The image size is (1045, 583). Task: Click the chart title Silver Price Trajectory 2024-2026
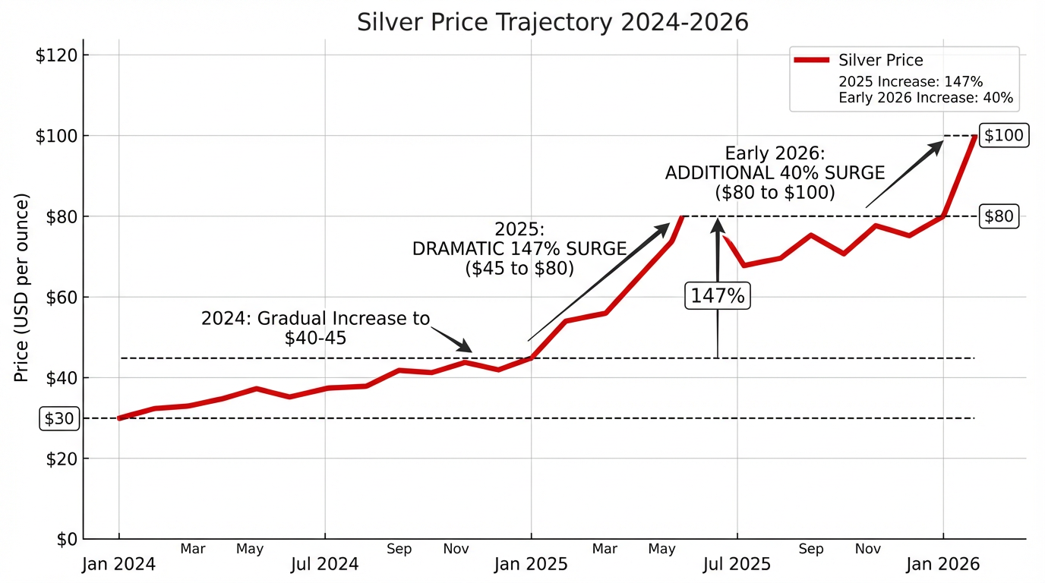click(x=552, y=22)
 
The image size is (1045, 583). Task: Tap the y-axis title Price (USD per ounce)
click(x=22, y=288)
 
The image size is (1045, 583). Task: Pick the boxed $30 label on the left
click(x=59, y=419)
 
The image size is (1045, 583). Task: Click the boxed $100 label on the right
click(x=1003, y=136)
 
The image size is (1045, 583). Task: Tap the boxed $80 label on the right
click(x=998, y=216)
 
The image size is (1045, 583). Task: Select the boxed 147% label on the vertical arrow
click(x=718, y=295)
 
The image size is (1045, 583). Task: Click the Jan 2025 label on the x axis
click(x=531, y=565)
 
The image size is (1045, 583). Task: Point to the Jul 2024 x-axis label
click(x=325, y=565)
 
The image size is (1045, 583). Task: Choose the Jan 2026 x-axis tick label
click(x=943, y=565)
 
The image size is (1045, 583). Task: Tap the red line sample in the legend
click(x=810, y=61)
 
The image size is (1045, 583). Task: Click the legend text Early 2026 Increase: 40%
click(x=925, y=97)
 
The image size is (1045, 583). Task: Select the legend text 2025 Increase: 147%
click(x=911, y=81)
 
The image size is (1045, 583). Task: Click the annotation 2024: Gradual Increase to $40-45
click(x=315, y=328)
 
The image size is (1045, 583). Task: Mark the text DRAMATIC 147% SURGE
click(x=519, y=249)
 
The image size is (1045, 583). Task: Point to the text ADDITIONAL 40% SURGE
click(x=775, y=173)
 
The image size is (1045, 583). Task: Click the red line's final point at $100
click(x=975, y=137)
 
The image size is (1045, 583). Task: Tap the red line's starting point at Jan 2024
click(x=119, y=418)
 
